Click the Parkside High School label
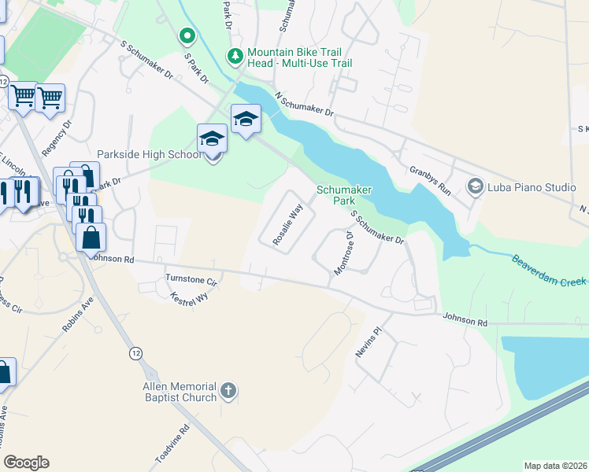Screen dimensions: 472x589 point(149,155)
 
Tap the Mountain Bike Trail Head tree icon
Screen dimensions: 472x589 point(235,55)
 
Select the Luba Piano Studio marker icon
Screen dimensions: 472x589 point(475,186)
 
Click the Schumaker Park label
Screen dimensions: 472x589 point(343,195)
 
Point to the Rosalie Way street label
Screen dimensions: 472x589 point(287,226)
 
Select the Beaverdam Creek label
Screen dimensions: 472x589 point(550,270)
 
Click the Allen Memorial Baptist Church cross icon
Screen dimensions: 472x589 point(228,390)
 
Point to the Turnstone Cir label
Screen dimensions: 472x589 point(191,279)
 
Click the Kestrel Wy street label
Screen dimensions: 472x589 point(189,298)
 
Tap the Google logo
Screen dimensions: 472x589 point(26,463)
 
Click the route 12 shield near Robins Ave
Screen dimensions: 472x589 point(137,354)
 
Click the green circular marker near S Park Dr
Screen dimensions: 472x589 point(187,35)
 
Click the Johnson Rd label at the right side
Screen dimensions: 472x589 point(465,323)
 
